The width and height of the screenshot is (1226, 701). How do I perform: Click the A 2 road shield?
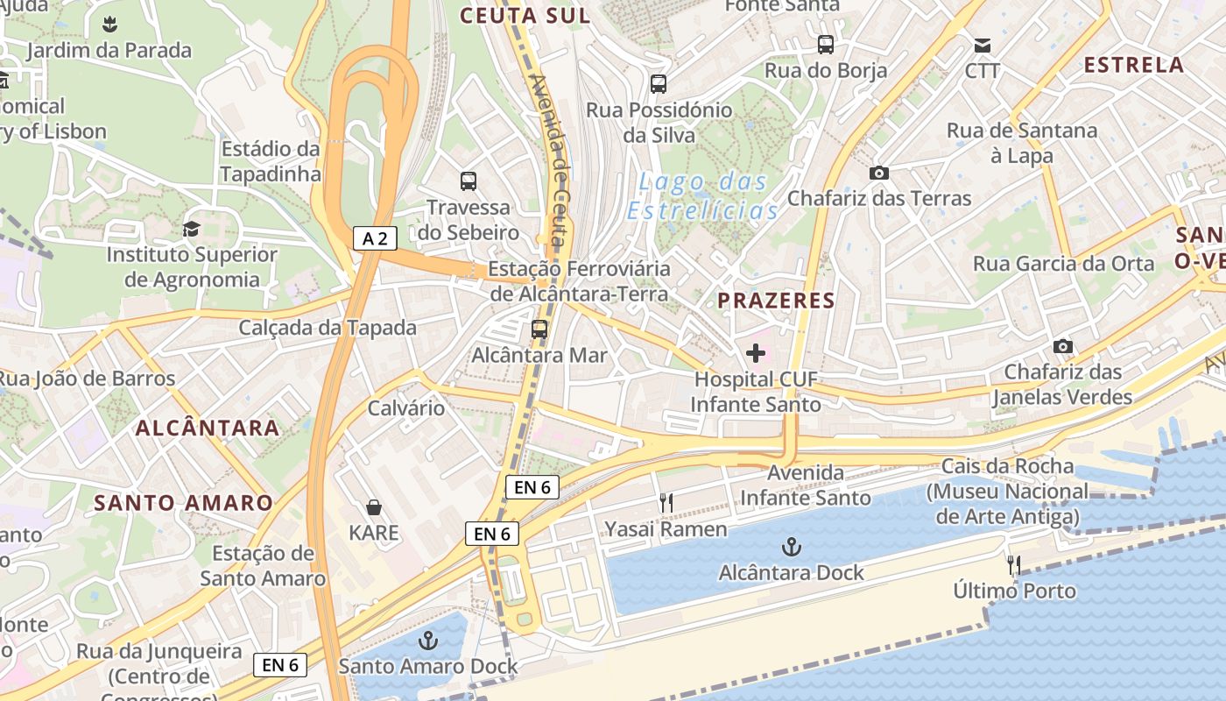375,238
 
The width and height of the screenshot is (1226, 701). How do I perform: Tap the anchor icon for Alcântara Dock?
791,548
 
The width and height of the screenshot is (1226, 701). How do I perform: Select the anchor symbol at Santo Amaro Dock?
427,641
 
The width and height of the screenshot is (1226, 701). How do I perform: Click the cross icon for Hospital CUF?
756,353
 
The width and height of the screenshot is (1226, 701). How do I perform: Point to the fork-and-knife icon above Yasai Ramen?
666,503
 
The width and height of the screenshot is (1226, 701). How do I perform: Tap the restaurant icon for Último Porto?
1014,565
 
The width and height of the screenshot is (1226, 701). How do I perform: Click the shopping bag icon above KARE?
374,507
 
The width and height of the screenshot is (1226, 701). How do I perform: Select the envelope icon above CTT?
983,45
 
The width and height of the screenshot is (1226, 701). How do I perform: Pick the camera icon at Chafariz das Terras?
879,173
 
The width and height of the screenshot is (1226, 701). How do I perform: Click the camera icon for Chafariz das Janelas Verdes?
1063,347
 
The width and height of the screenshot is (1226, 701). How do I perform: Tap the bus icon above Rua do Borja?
826,45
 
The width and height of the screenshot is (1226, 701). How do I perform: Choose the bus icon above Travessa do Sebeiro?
469,181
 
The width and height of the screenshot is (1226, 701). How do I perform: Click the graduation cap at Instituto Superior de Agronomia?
191,230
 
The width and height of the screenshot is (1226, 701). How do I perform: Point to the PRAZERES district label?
776,301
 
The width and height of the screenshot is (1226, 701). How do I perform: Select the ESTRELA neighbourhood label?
1133,65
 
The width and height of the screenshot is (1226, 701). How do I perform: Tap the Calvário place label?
406,408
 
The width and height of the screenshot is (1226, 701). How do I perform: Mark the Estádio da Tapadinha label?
271,161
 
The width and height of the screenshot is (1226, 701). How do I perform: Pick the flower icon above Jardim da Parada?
109,24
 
